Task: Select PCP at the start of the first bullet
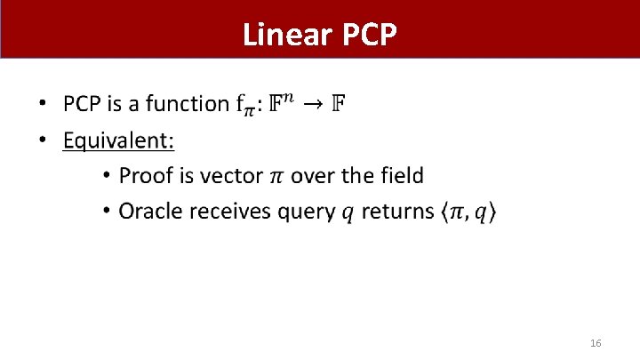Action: (83, 104)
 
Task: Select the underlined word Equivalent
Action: (118, 140)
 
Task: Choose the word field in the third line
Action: (403, 175)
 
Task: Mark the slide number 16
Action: (596, 343)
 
